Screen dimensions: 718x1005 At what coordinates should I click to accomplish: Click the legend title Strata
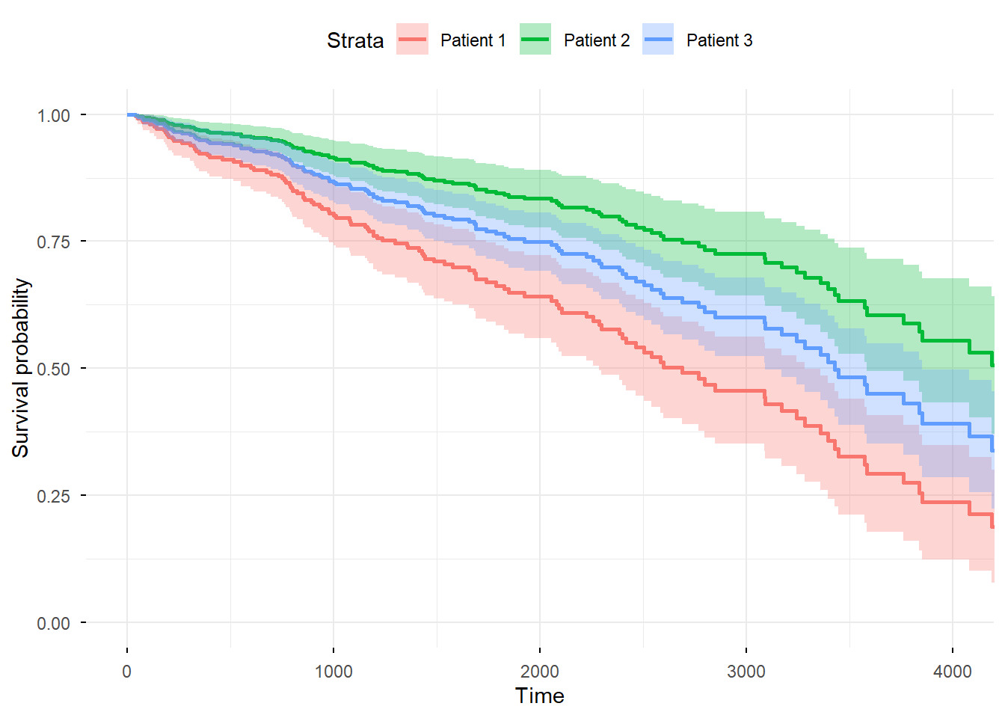355,40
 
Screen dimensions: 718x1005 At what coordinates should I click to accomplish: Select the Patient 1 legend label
473,40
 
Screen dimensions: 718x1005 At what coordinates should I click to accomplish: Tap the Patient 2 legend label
597,40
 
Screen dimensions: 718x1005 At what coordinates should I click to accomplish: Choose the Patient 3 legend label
719,40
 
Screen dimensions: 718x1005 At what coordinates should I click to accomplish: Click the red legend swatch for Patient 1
413,40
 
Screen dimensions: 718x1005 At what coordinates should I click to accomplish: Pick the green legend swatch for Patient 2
535,40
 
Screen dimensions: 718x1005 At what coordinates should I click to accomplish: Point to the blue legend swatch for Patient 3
658,40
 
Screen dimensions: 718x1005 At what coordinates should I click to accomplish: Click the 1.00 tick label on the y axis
54,115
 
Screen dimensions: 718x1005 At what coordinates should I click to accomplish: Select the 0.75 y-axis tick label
54,242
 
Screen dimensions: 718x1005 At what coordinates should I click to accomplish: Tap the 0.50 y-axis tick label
54,369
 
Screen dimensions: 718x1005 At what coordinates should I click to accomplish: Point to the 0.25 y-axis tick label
54,496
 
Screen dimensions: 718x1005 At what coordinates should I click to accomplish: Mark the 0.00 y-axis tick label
54,623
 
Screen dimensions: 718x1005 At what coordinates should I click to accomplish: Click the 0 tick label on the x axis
127,671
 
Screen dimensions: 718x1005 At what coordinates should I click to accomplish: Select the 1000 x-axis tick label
334,671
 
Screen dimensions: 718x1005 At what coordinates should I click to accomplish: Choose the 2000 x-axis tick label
540,671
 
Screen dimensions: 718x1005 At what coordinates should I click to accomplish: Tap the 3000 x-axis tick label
746,671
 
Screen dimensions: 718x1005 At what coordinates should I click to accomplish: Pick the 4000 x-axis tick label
953,671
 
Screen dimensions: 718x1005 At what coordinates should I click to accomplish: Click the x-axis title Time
540,696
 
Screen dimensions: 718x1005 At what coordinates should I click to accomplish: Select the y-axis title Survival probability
21,368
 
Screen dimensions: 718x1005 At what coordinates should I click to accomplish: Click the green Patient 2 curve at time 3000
746,254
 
